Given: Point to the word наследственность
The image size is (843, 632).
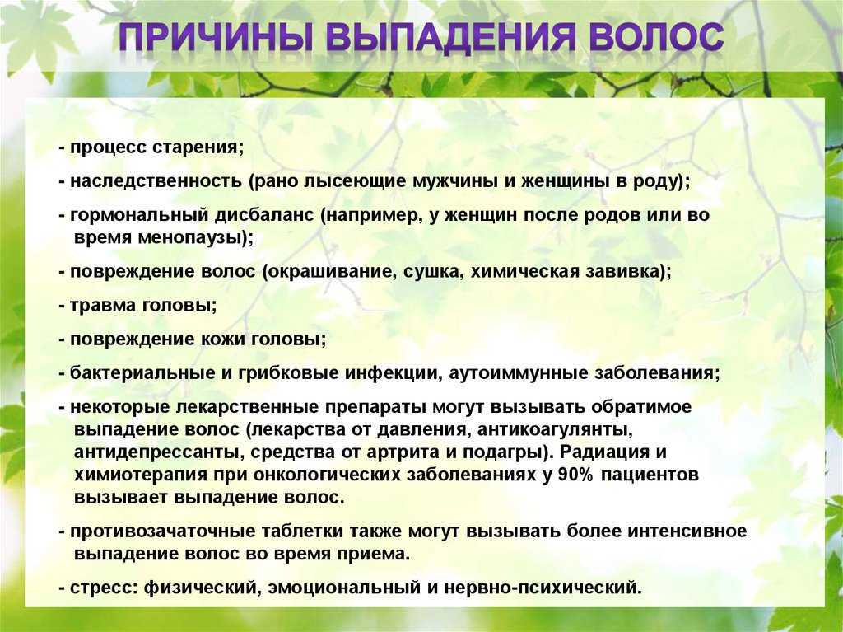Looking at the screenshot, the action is [x=156, y=181].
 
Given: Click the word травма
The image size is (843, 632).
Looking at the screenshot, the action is [x=103, y=306].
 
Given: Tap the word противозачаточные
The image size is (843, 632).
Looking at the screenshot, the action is [x=162, y=531].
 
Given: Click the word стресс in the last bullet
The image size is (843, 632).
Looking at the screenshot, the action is [x=105, y=588].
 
